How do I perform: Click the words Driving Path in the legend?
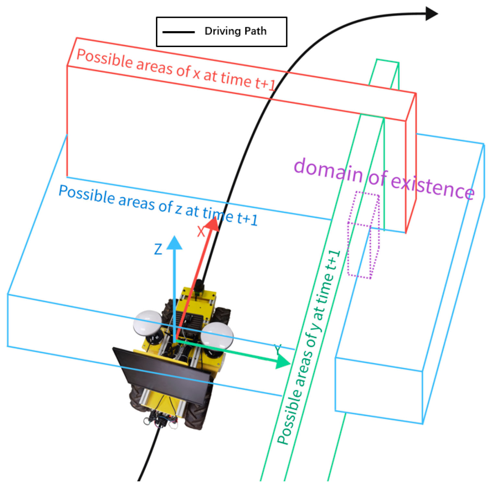(235, 31)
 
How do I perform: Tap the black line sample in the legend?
(178, 32)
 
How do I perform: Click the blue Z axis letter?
(158, 250)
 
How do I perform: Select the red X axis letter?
(201, 231)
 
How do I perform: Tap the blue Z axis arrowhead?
(174, 243)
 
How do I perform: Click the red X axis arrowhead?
(212, 224)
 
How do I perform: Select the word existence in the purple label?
(432, 186)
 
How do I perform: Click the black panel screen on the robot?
(162, 373)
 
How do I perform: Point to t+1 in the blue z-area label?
(247, 218)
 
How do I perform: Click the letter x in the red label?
(196, 74)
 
